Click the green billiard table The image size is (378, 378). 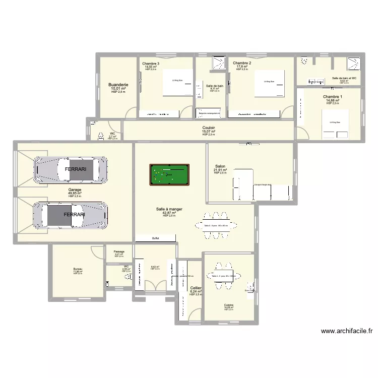point(169,174)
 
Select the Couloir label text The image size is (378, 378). point(209,128)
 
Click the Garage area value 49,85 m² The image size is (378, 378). point(75,193)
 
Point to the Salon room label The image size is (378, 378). point(220,166)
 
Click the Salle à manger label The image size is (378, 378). point(169,209)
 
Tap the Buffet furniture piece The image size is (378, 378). point(155,238)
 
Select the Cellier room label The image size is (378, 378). point(196,288)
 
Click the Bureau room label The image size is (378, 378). point(78,269)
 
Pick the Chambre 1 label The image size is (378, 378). point(333,96)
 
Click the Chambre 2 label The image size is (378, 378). point(242,63)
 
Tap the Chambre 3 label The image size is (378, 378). point(151,63)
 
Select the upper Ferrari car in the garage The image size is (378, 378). point(70,170)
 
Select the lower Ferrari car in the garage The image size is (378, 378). point(70,214)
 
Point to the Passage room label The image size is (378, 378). point(119,251)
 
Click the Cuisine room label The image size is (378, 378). point(229,305)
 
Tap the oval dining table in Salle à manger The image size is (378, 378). point(216,225)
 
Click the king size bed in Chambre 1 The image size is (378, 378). point(335,124)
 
